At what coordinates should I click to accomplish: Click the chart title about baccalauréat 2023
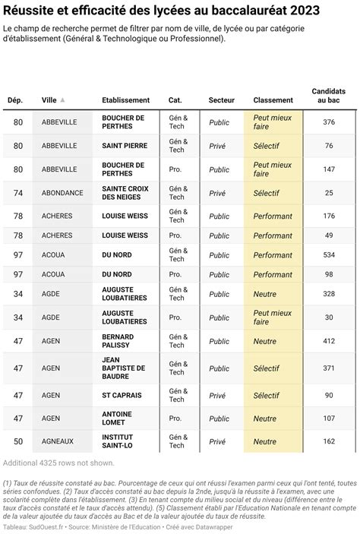[161, 10]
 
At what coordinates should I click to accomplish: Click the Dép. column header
[15, 100]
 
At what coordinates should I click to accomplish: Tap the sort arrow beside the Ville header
[62, 100]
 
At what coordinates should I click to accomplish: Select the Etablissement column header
[125, 100]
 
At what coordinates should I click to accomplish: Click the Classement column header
[273, 100]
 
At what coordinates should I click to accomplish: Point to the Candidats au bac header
[328, 96]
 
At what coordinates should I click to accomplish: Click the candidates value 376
[329, 122]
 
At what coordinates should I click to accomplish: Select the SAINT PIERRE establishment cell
[125, 146]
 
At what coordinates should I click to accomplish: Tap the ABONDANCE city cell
[63, 193]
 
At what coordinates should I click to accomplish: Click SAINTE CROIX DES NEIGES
[125, 193]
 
